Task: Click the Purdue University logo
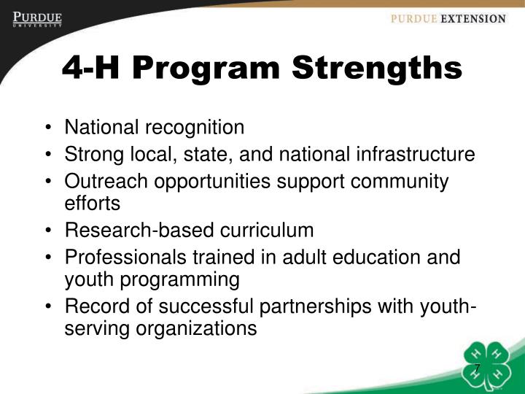pyautogui.click(x=36, y=19)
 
